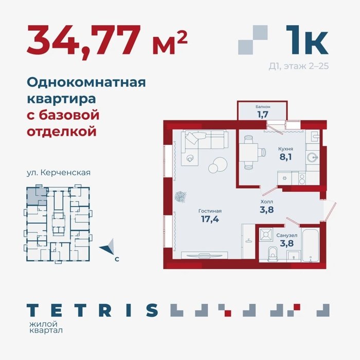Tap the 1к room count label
[x=307, y=40]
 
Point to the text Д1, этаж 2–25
[x=299, y=66]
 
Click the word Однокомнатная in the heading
[x=86, y=82]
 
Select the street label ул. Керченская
[x=59, y=172]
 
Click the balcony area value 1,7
[x=263, y=114]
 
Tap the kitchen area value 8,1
[x=285, y=157]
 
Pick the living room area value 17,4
[x=210, y=219]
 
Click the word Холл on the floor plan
[x=267, y=202]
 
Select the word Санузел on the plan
[x=287, y=236]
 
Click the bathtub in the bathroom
[x=311, y=245]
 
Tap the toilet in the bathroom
[x=273, y=254]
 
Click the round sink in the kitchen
[x=312, y=157]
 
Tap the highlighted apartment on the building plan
[x=37, y=195]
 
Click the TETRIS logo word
[x=92, y=310]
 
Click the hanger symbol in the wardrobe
[x=248, y=241]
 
